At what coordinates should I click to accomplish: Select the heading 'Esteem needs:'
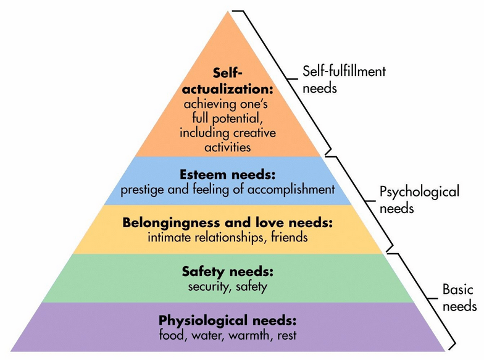(x=228, y=175)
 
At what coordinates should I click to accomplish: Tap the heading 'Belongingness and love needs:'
(x=228, y=222)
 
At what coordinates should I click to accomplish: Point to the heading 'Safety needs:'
(x=228, y=272)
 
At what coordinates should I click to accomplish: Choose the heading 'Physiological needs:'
(x=228, y=321)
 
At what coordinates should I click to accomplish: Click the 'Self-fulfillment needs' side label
(x=344, y=79)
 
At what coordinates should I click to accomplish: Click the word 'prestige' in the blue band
(x=141, y=189)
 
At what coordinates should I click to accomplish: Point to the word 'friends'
(x=287, y=236)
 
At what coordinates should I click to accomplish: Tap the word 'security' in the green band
(x=207, y=286)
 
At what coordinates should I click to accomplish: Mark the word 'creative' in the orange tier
(x=255, y=133)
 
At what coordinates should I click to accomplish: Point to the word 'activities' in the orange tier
(x=228, y=147)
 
